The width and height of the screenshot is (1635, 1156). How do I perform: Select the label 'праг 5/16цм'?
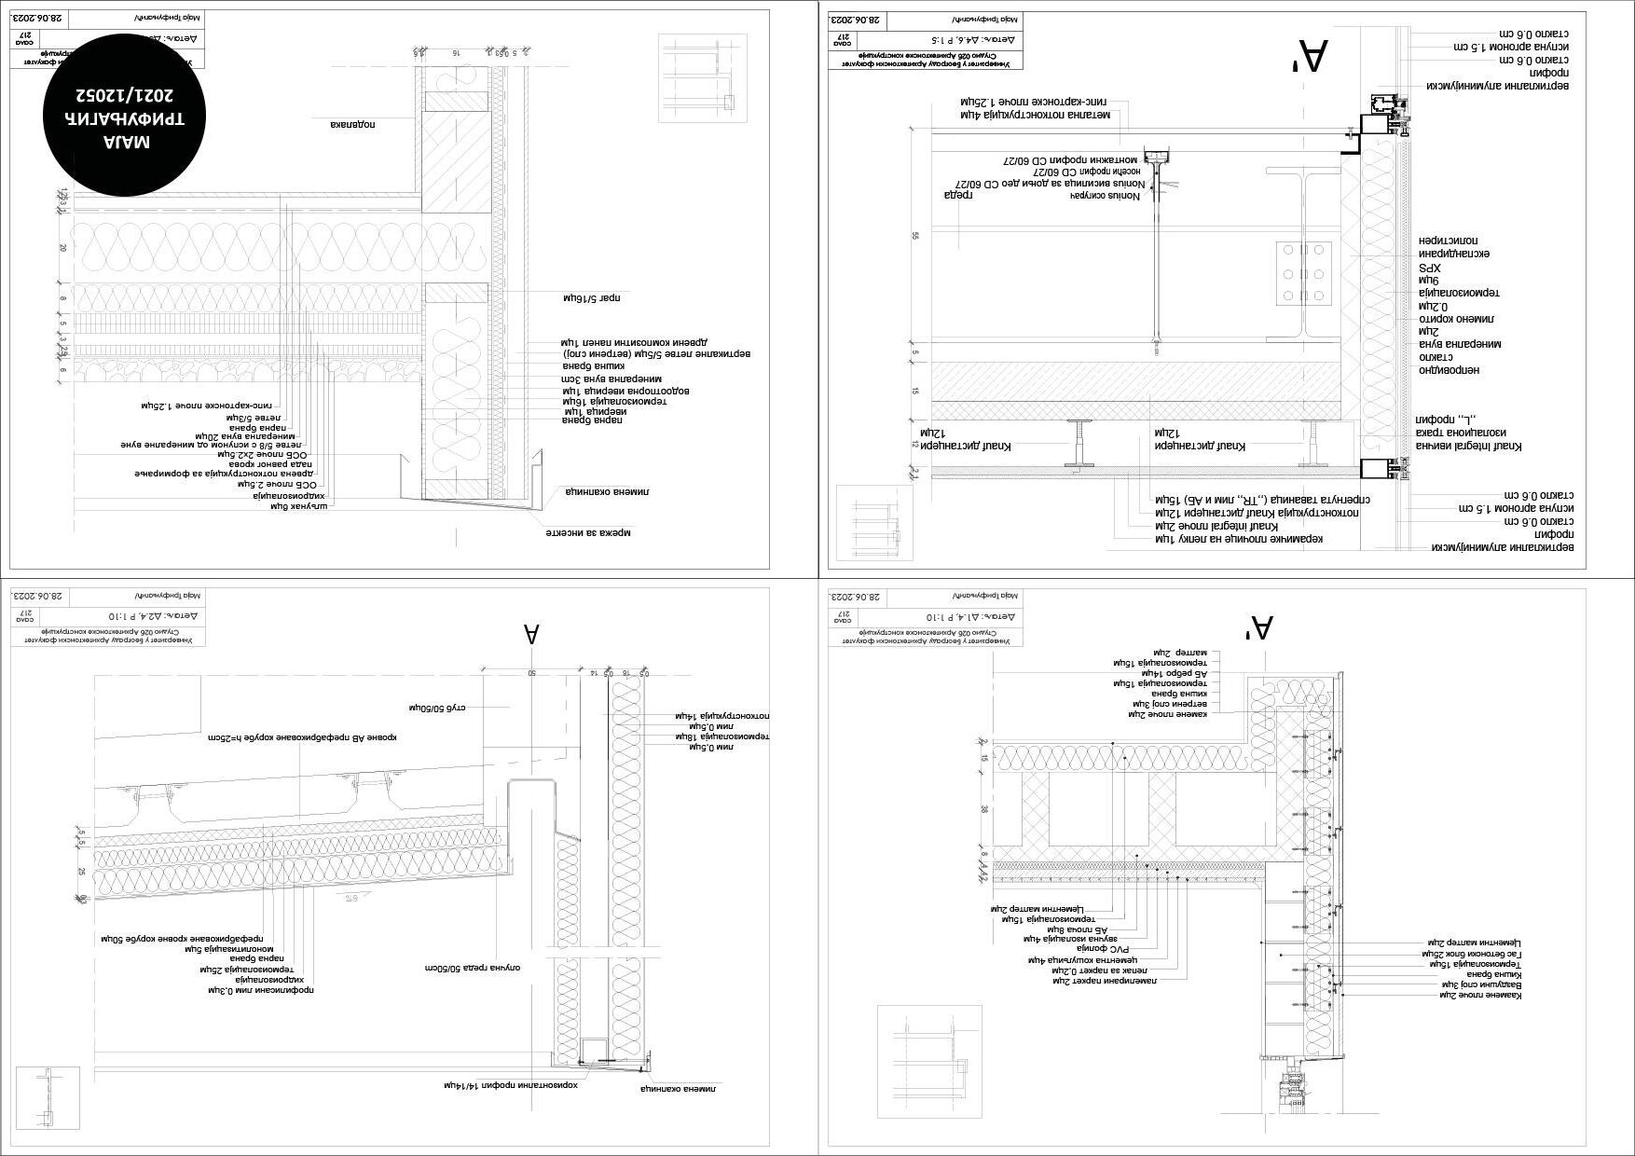click(592, 298)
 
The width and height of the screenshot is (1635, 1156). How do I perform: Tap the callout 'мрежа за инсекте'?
click(588, 533)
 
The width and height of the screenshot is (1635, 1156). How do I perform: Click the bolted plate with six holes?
click(1304, 273)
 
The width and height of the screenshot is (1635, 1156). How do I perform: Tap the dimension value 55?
click(915, 236)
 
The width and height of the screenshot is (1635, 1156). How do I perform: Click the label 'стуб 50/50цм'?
click(437, 708)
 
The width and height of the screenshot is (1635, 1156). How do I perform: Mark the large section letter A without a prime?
click(531, 635)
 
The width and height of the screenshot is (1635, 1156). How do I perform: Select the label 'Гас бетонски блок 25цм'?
click(1471, 954)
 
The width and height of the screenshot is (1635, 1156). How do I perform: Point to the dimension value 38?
click(984, 809)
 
